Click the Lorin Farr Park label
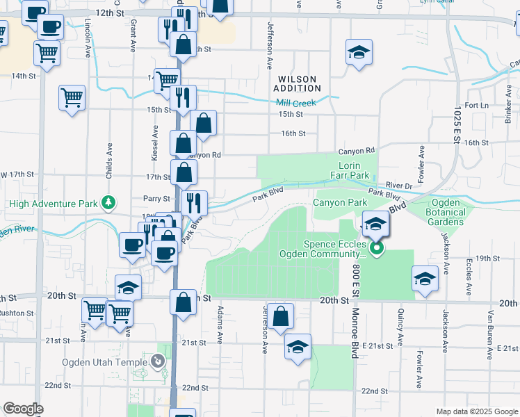click(354, 171)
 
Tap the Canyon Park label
click(339, 202)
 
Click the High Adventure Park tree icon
click(108, 203)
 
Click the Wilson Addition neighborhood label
click(297, 83)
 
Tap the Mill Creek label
click(297, 103)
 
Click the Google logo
click(23, 409)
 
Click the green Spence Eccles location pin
click(376, 247)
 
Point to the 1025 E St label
click(457, 125)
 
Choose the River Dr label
click(399, 186)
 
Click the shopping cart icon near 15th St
click(72, 98)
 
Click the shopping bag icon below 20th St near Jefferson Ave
click(280, 317)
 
